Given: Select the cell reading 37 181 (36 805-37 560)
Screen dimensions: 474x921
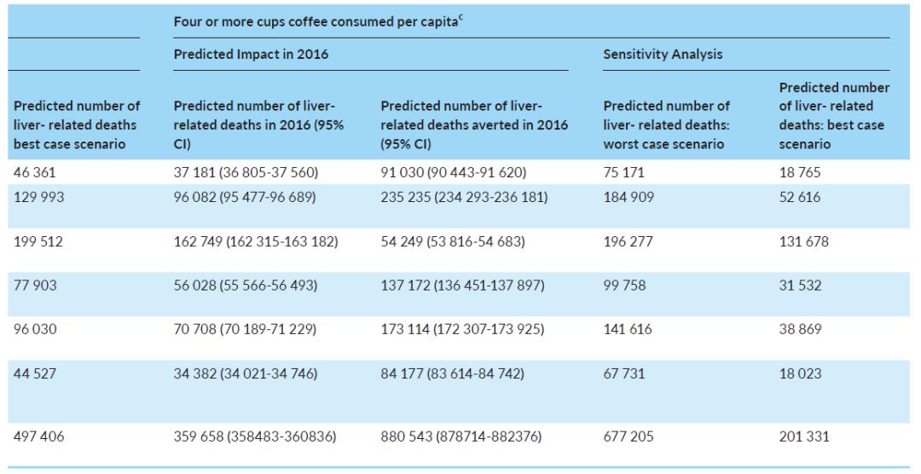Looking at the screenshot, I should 246,172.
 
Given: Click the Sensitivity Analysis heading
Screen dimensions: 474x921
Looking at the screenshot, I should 663,55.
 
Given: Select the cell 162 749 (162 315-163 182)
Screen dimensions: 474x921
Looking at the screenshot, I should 256,242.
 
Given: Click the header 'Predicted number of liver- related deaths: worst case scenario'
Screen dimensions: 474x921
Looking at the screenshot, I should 666,125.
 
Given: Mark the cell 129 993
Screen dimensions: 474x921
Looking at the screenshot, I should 39,195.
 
